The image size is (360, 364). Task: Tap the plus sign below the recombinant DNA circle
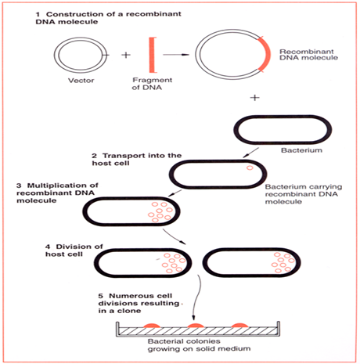pos(254,99)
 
